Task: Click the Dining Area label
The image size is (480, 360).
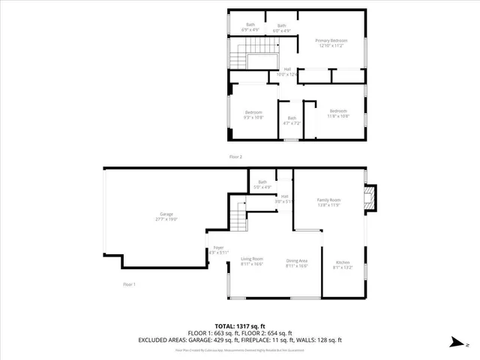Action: coord(297,263)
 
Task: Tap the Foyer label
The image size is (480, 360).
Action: coord(218,250)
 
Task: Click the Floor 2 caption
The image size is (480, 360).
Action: coord(235,157)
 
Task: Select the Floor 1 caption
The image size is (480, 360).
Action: coord(130,284)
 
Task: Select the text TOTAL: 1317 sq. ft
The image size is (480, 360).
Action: coord(239,325)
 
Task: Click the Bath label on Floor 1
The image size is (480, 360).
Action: coord(262,184)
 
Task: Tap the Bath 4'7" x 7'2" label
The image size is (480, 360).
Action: coord(292,120)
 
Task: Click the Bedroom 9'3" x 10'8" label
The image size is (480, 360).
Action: coord(253,115)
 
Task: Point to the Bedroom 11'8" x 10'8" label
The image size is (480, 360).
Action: coord(338,113)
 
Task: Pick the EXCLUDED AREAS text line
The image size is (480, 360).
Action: coord(239,339)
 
